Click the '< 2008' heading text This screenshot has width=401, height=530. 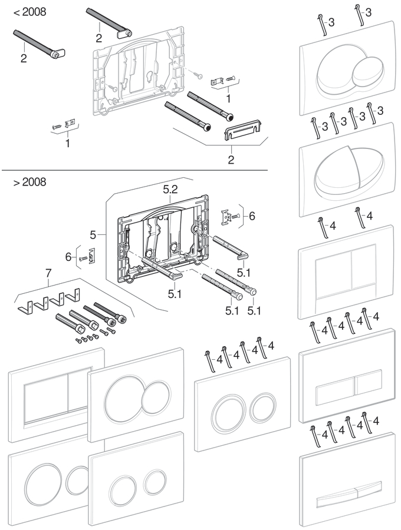pos(29,12)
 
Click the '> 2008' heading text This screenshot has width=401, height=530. pos(29,182)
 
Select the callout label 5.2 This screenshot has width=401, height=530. pos(170,189)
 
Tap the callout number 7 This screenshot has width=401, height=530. pos(48,273)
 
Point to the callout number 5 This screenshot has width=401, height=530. pos(93,235)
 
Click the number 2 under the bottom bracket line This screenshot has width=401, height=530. pos(231,160)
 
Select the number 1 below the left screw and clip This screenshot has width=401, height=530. pos(68,143)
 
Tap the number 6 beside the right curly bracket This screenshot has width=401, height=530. pos(252,216)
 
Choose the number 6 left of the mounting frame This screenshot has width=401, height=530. pos(68,257)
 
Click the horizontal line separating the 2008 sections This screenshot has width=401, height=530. pos(134,170)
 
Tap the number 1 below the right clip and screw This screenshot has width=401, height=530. pos(228,99)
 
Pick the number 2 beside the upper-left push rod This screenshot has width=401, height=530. pos(24,58)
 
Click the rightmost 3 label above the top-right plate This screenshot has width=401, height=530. pos(369,12)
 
